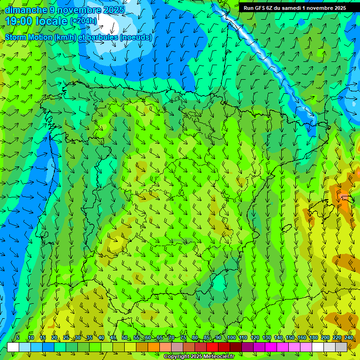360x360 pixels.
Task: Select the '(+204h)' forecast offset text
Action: coord(83,21)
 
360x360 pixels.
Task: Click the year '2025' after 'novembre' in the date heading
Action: coord(113,10)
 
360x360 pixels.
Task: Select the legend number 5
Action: coord(18,337)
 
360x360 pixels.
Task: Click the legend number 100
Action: coord(231,337)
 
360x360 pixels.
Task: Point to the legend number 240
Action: coord(348,337)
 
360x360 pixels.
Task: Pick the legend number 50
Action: coord(124,337)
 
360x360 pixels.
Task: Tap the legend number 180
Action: coord(313,337)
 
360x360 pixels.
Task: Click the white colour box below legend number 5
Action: coord(13,347)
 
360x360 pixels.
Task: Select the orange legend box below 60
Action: coord(154,347)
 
